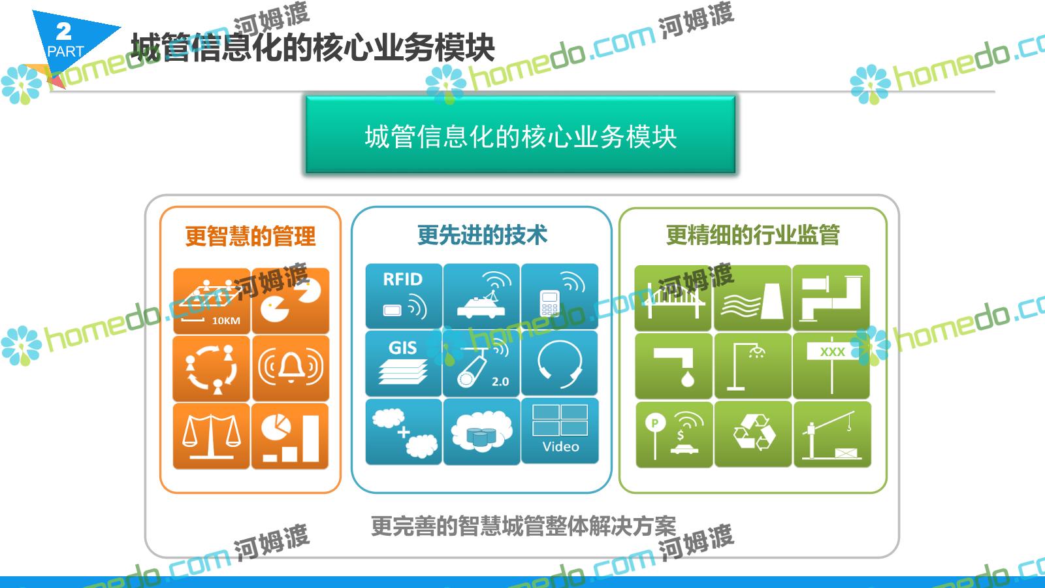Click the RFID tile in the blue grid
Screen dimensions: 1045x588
pyautogui.click(x=404, y=296)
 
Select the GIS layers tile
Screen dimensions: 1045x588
pyautogui.click(x=404, y=363)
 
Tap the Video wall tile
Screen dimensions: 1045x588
pyautogui.click(x=560, y=431)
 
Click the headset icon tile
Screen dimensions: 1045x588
pyautogui.click(x=560, y=363)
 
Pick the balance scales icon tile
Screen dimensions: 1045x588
pyautogui.click(x=212, y=436)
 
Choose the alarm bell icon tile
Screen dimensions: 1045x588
pyautogui.click(x=290, y=368)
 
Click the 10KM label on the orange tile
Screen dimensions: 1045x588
pyautogui.click(x=226, y=321)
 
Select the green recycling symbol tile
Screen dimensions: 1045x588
pyautogui.click(x=753, y=434)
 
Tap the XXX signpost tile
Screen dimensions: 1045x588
pyautogui.click(x=831, y=366)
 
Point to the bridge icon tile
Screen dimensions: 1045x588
pyautogui.click(x=674, y=298)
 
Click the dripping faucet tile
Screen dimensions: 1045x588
pyautogui.click(x=674, y=366)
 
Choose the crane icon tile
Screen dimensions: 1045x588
pyautogui.click(x=831, y=434)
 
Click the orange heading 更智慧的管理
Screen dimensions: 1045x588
pyautogui.click(x=251, y=236)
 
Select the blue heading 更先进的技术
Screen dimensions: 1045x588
pyautogui.click(x=482, y=235)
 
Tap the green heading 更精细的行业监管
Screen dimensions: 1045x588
pyautogui.click(x=752, y=235)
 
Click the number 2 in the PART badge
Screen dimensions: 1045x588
pyautogui.click(x=64, y=32)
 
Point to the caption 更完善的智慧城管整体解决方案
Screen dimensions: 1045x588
pyautogui.click(x=523, y=526)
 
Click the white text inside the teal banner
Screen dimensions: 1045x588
pyautogui.click(x=521, y=137)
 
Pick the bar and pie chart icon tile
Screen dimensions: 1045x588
pyautogui.click(x=290, y=436)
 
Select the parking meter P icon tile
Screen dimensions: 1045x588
pyautogui.click(x=674, y=434)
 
